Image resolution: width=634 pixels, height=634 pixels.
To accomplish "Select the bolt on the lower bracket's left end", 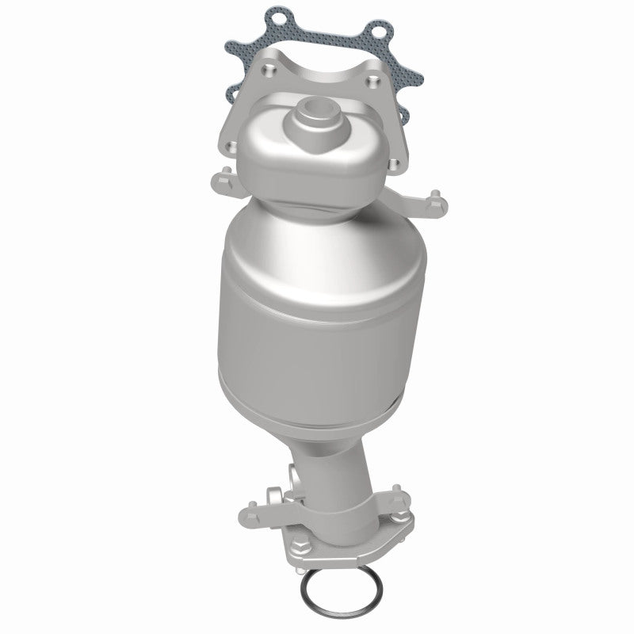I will coord(255,502).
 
